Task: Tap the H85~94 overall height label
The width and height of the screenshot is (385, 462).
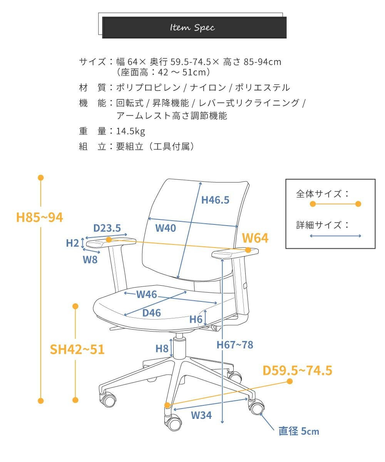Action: click(40, 218)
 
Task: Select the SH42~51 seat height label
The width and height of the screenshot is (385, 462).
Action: click(77, 350)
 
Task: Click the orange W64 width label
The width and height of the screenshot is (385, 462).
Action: click(255, 238)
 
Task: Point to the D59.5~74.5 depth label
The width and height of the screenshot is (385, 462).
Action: click(297, 371)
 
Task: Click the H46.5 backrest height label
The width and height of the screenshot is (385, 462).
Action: click(215, 200)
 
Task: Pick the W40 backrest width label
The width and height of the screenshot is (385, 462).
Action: click(166, 228)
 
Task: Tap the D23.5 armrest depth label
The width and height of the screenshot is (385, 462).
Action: click(107, 228)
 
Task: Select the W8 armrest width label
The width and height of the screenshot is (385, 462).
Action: click(90, 259)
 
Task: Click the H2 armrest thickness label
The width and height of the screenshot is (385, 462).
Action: click(72, 243)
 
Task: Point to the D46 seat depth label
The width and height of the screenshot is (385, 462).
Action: click(151, 313)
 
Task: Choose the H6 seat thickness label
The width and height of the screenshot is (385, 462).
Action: click(196, 319)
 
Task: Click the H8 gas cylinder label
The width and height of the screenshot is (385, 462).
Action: click(162, 349)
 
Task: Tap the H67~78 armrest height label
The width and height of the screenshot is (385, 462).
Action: click(235, 345)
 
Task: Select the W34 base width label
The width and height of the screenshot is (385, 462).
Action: click(201, 415)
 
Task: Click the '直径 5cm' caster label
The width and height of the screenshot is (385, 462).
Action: click(299, 431)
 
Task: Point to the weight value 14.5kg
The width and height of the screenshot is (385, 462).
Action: click(131, 131)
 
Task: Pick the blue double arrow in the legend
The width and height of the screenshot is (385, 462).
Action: click(336, 236)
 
